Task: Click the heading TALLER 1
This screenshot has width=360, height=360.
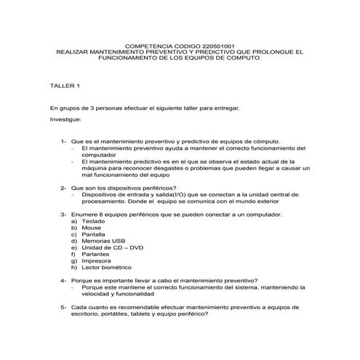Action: click(x=64, y=86)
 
